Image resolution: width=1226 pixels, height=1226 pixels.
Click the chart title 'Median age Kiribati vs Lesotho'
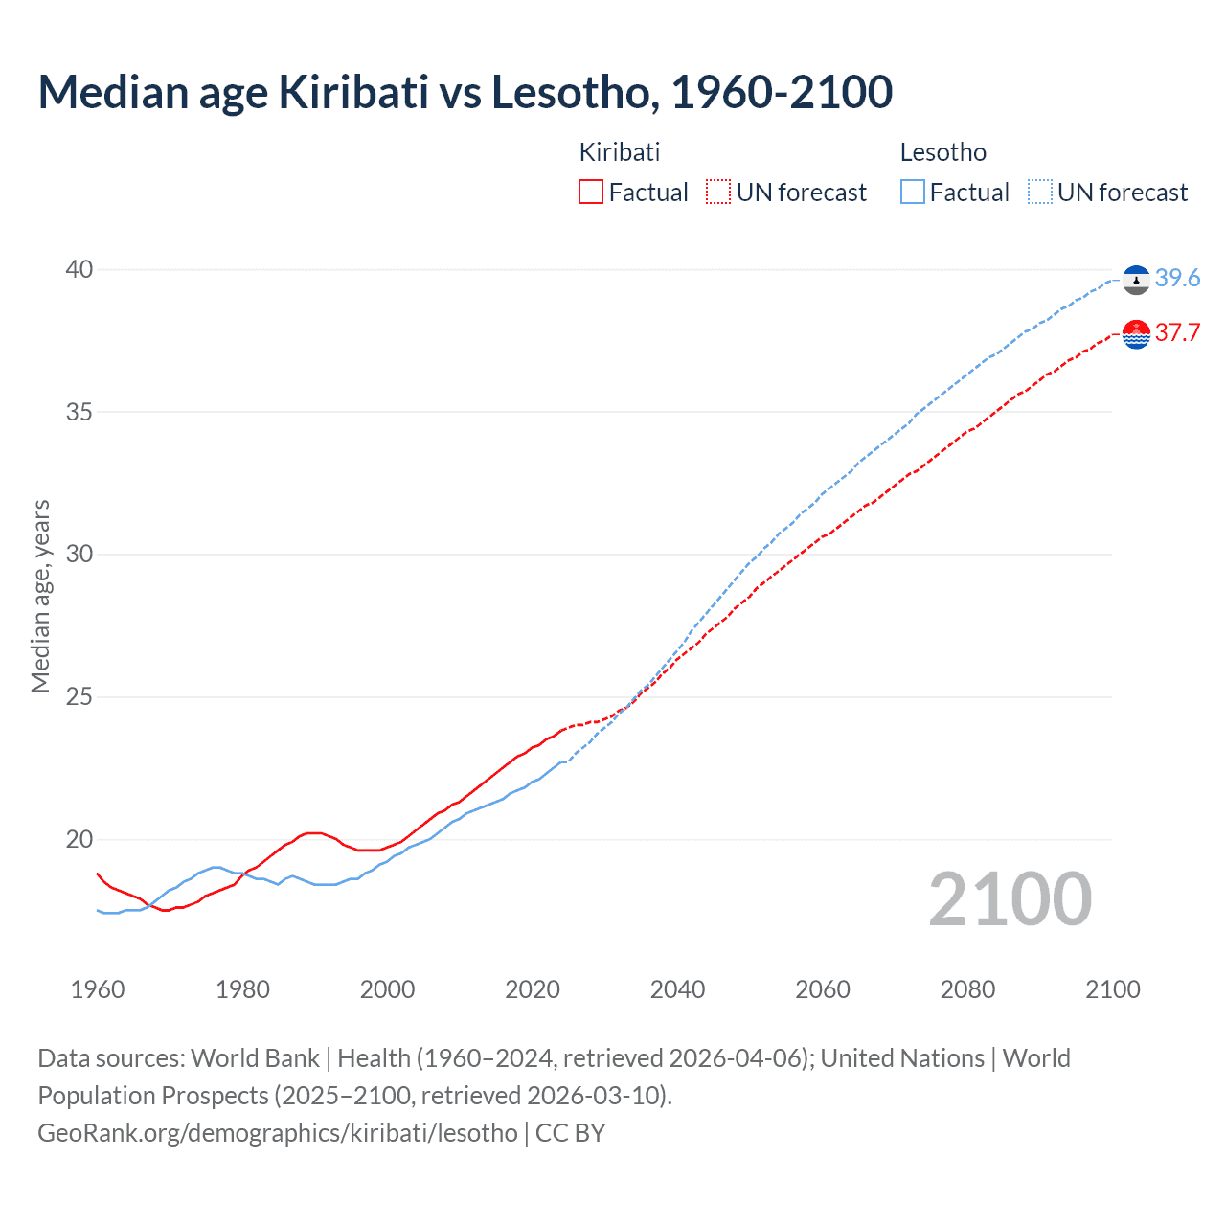[465, 93]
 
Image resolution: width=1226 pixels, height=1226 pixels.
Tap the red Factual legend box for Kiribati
[591, 192]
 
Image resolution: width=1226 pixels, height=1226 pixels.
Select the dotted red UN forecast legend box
[718, 192]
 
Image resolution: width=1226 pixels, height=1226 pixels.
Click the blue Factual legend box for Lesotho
[913, 192]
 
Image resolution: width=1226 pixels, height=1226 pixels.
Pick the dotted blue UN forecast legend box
[1040, 192]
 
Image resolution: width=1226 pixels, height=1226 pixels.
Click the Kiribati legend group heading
[620, 152]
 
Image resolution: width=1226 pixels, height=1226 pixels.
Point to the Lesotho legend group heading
[942, 152]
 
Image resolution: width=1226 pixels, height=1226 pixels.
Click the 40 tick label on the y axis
[79, 270]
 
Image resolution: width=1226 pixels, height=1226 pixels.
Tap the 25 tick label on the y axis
[79, 696]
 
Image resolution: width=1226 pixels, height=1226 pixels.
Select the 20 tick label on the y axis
[79, 839]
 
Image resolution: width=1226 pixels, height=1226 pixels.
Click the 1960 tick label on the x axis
[98, 989]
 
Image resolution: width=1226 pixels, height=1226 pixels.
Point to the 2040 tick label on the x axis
[677, 989]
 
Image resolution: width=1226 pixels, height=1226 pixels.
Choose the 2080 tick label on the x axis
[967, 989]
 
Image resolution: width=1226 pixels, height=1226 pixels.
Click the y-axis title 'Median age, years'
[40, 596]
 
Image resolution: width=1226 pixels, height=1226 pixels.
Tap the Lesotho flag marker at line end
[1136, 280]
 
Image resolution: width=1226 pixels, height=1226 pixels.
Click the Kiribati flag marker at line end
[1136, 334]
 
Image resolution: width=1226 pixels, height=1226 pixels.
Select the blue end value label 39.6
[1177, 278]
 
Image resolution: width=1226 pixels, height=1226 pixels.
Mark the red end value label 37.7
[1177, 332]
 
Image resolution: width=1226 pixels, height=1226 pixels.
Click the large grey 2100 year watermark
[1010, 899]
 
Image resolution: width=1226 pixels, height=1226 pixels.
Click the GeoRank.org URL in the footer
[278, 1133]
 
